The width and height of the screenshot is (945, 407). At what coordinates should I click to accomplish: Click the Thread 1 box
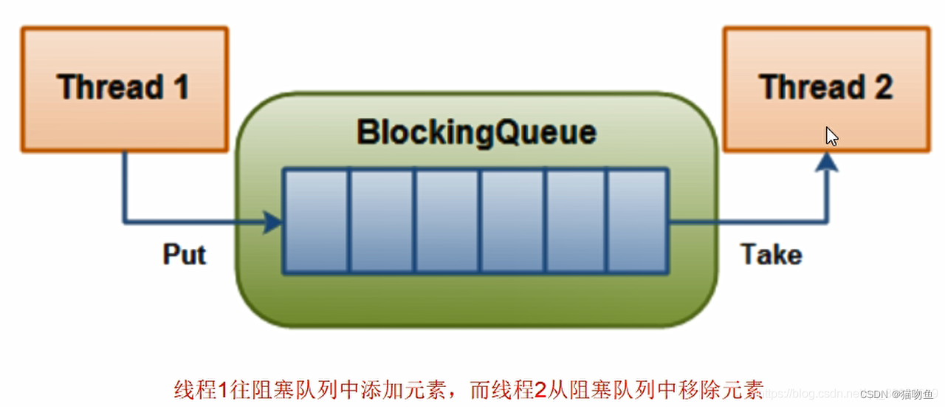(x=124, y=89)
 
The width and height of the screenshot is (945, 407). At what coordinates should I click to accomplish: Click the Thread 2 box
(x=825, y=89)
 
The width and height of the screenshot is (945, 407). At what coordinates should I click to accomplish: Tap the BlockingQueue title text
(x=476, y=133)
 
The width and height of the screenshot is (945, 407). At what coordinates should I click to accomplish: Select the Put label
(x=184, y=254)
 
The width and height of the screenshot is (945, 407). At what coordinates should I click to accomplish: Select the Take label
(x=772, y=254)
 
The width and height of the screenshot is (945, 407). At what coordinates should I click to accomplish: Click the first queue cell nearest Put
(x=316, y=221)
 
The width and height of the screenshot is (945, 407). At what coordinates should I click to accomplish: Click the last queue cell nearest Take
(x=637, y=221)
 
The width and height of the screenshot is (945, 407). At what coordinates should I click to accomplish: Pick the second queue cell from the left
(x=381, y=221)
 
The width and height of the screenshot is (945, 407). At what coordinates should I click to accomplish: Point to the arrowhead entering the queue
(x=275, y=221)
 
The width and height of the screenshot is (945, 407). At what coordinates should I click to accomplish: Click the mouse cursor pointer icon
(x=831, y=137)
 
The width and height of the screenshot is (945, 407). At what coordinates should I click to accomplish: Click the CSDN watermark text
(x=874, y=394)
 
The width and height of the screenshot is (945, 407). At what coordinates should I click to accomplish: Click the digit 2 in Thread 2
(x=883, y=87)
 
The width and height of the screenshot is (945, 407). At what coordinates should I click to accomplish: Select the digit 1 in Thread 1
(x=180, y=87)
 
